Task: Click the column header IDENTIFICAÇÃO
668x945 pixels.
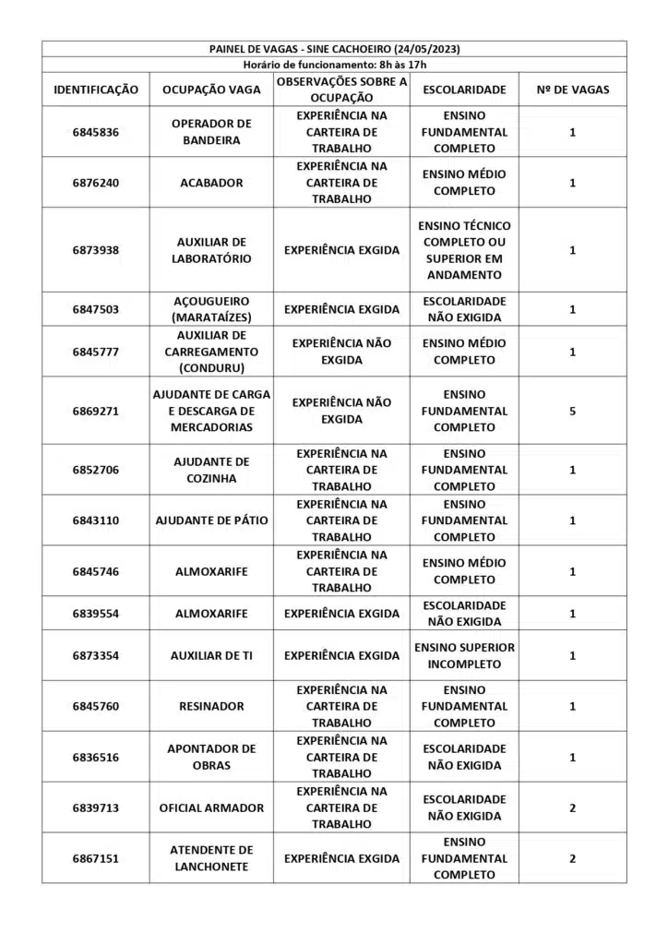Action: pos(96,90)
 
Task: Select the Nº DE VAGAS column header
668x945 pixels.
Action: pos(572,90)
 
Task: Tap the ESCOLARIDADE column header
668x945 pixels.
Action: pos(464,90)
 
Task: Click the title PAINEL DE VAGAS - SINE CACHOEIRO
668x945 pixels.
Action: pos(334,49)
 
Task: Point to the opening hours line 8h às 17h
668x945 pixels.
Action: pos(334,65)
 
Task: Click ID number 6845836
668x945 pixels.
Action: pos(96,132)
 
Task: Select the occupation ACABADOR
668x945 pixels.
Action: pos(211,183)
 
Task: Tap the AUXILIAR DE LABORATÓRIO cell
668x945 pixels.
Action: pos(211,250)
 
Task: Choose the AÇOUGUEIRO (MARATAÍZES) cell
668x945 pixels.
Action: pos(211,309)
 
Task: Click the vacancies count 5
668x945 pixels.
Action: pos(572,411)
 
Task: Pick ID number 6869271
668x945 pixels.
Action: pos(96,411)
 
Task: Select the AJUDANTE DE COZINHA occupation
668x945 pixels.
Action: pos(211,470)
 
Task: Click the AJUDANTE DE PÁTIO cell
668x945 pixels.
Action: pos(211,520)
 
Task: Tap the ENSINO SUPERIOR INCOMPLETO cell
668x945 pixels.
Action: pos(464,655)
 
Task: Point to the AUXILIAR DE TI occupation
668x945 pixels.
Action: pos(211,655)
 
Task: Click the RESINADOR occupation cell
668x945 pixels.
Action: pos(211,706)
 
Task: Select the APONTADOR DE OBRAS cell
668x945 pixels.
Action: pos(211,757)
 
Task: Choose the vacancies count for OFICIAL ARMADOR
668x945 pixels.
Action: pos(572,807)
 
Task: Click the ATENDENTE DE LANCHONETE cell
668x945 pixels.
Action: pos(211,858)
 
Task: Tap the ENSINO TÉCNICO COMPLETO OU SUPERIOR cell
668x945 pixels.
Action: pos(464,250)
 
